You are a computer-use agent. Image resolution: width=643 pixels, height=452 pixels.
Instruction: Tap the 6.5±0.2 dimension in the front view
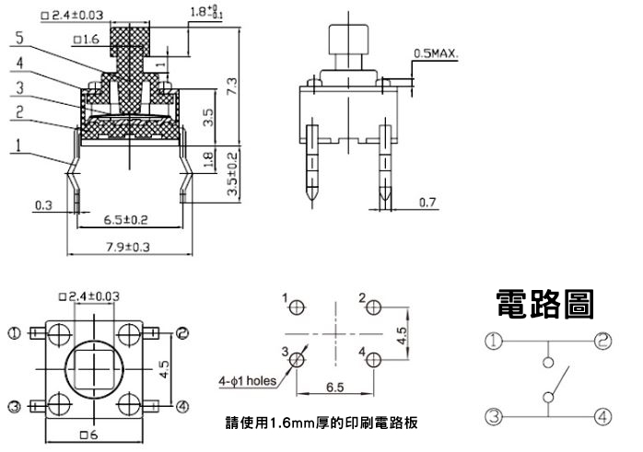click(127, 220)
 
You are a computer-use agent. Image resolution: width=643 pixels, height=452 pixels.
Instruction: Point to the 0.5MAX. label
click(438, 52)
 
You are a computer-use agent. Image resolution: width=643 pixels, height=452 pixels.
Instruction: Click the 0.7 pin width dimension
click(427, 202)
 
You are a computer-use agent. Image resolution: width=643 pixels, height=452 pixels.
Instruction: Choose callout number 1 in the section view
click(18, 145)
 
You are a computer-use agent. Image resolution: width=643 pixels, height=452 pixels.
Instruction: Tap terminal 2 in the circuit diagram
click(602, 342)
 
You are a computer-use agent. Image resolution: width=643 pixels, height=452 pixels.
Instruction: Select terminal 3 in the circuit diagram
click(494, 417)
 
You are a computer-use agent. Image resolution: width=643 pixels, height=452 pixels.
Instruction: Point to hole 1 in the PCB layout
click(297, 310)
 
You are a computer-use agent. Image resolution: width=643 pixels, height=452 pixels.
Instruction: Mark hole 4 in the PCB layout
click(373, 361)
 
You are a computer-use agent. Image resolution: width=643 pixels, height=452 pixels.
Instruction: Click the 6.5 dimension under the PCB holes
click(334, 388)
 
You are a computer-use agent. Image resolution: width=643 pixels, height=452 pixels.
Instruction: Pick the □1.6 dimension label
click(86, 40)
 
